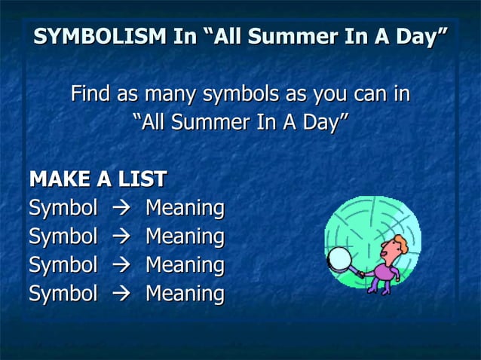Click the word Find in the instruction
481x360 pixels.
[89, 95]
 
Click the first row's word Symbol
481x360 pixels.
[63, 207]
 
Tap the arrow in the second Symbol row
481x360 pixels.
[121, 237]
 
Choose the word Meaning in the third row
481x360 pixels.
[185, 265]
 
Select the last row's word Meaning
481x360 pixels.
[185, 294]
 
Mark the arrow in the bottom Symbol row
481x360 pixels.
[121, 294]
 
